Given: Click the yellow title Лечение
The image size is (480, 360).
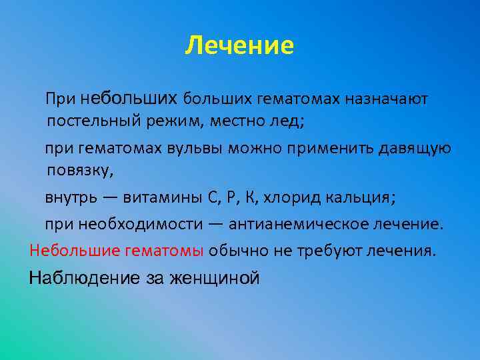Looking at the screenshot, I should tap(239, 46).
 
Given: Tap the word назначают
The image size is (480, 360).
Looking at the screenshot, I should tap(387, 99).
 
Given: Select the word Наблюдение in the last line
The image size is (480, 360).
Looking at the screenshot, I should tap(85, 278).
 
